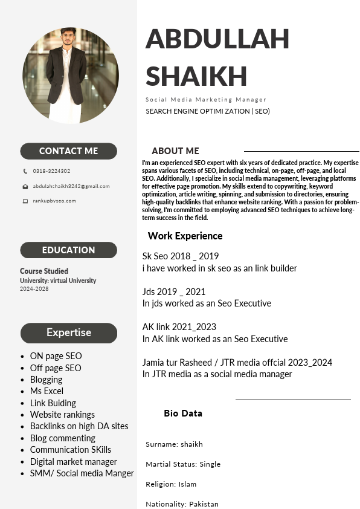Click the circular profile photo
[x=71, y=76]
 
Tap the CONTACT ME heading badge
[x=68, y=151]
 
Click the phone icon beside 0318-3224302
[x=25, y=171]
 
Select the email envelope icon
[x=25, y=187]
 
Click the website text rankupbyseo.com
[x=54, y=201]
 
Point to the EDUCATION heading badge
[x=68, y=250]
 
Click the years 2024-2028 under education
[x=34, y=289]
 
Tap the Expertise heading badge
[x=68, y=332]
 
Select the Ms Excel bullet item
[x=47, y=391]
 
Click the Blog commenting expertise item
[x=62, y=438]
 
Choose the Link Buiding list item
[x=53, y=403]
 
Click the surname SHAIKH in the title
[x=196, y=77]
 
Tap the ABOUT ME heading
[x=175, y=151]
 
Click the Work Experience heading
[x=185, y=236]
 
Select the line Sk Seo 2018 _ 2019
[x=181, y=256]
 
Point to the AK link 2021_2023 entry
[x=179, y=327]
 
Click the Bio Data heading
[x=183, y=413]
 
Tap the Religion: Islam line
[x=171, y=484]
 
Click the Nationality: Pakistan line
[x=182, y=504]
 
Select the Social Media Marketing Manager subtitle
[x=205, y=100]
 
